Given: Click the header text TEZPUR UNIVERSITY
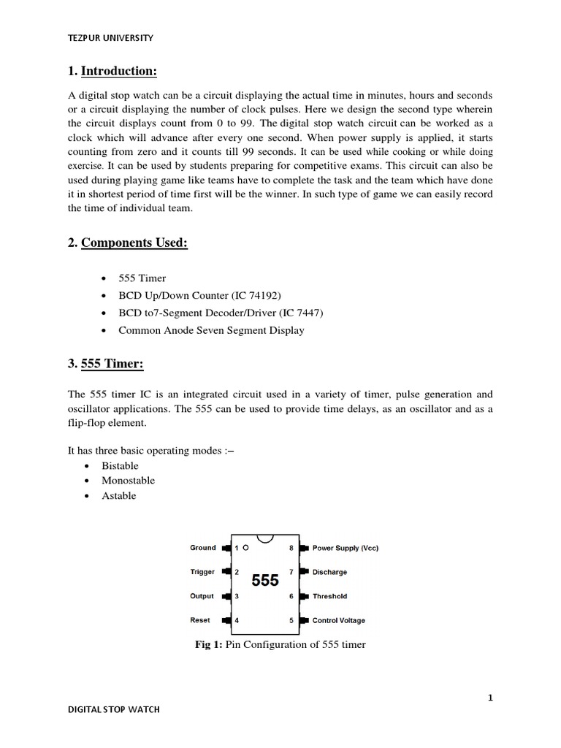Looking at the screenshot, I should pyautogui.click(x=111, y=38).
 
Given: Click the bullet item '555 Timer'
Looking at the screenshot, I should pyautogui.click(x=142, y=278).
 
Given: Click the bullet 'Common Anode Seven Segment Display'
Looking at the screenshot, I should pyautogui.click(x=211, y=330).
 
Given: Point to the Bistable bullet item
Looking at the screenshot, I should pyautogui.click(x=121, y=466).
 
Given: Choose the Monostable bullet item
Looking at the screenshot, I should pyautogui.click(x=129, y=481).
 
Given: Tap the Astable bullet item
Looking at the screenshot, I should pyautogui.click(x=119, y=496).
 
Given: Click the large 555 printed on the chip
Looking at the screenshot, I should pyautogui.click(x=265, y=581).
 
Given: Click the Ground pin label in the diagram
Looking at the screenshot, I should pyautogui.click(x=203, y=548).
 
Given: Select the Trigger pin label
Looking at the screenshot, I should pyautogui.click(x=202, y=572).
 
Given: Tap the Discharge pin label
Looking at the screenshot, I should pyautogui.click(x=329, y=572).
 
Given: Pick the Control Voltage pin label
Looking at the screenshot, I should pyautogui.click(x=339, y=621).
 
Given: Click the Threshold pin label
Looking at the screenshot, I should pyautogui.click(x=329, y=596).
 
